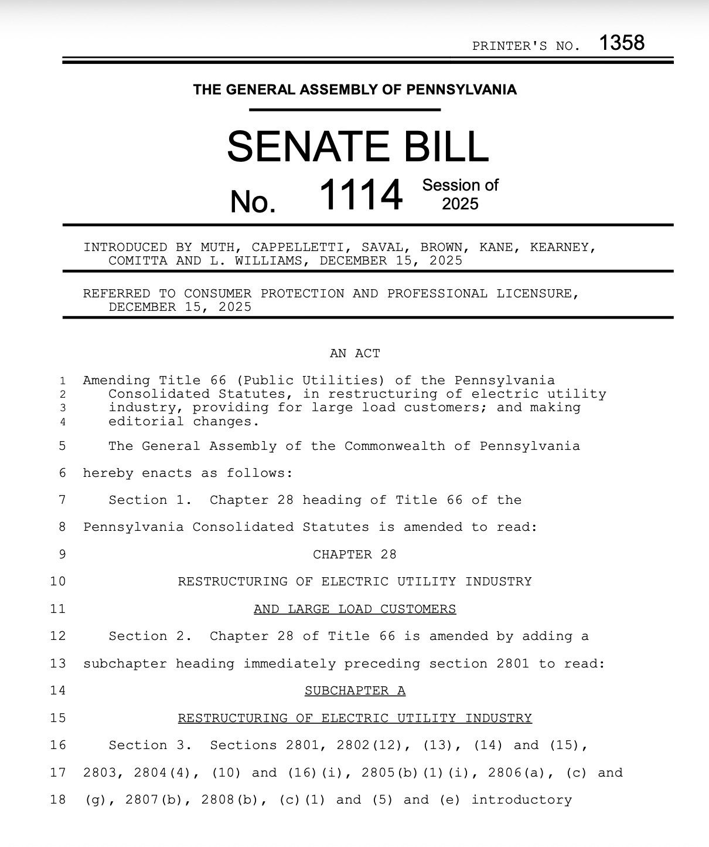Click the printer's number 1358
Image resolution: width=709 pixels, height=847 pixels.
click(x=622, y=43)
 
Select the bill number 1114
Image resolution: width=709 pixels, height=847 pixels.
click(x=361, y=195)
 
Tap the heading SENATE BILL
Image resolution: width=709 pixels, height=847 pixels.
click(x=357, y=147)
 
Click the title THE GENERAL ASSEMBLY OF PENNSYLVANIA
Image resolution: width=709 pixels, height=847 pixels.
click(x=354, y=90)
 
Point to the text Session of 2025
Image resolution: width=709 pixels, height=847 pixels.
click(x=460, y=195)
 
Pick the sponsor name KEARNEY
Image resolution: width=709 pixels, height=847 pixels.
click(x=563, y=248)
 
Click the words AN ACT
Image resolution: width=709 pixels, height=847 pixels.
click(x=354, y=354)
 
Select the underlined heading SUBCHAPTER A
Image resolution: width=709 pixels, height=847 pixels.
click(x=354, y=691)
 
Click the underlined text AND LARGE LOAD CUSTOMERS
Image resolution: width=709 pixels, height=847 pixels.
click(x=354, y=609)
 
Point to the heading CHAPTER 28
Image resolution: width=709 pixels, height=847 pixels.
click(x=354, y=555)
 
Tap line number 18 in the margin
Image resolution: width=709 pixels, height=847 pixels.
click(x=58, y=800)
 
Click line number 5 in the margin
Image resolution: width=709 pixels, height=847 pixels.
click(x=62, y=446)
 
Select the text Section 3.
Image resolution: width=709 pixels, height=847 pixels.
click(x=150, y=746)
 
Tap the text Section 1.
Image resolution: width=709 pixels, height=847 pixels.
click(x=150, y=500)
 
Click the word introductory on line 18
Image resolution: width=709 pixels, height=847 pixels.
click(x=521, y=800)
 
